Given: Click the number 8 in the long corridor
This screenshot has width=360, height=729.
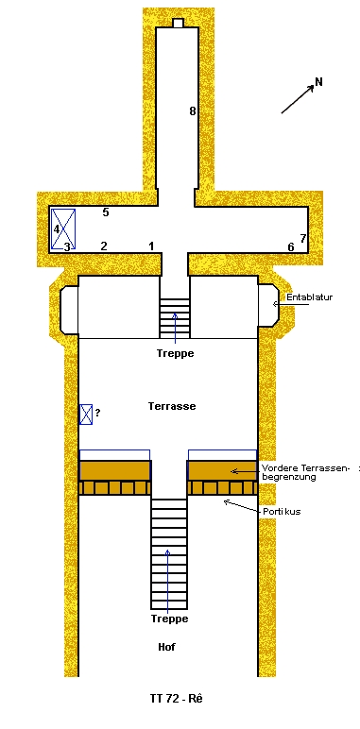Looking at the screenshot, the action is coord(192,111).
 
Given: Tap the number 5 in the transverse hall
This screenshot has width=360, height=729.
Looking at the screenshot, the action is coord(106,212).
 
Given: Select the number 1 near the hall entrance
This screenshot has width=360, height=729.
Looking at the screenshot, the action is coord(151,246).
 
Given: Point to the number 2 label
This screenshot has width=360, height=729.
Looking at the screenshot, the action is coord(104,246).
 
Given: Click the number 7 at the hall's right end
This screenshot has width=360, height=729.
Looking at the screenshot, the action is coord(302,239).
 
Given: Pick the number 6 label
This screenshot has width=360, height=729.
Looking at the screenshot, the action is coord(291,246).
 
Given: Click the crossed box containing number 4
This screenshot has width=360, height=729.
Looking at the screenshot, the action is coord(63,229).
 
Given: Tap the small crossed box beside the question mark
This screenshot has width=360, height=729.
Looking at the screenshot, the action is coord(86,415).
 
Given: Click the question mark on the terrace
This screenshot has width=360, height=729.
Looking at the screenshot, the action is coord(97,412).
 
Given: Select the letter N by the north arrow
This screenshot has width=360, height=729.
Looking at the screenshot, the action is coord(318,82).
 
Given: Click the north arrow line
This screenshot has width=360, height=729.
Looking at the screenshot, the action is coord(298,99).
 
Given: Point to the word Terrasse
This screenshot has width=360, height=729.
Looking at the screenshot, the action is coord(172,406).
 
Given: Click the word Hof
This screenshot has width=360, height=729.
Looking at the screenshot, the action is coord(166,647).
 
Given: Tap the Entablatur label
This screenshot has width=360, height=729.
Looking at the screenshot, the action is coord(309,297).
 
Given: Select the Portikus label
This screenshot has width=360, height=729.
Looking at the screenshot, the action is coord(282,512).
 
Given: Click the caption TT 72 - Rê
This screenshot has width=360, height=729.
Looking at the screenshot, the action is coord(177,699).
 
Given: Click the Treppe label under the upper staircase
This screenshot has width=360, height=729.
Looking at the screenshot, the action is coord(175,353).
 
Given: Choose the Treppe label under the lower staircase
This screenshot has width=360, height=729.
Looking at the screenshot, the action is coord(169,619).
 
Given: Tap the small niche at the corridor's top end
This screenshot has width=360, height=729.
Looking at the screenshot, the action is coord(178,23).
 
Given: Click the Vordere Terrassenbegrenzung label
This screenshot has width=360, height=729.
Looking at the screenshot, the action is coord(305,472).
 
